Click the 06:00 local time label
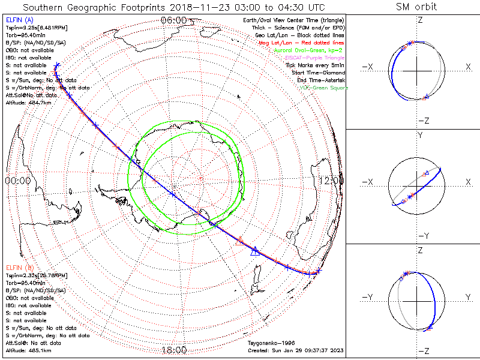point(173,20)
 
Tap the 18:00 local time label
point(173,350)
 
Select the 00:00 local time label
point(17,180)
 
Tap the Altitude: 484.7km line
point(28,103)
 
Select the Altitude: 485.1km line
point(28,350)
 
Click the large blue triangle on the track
point(254,251)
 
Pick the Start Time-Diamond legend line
point(317,73)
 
